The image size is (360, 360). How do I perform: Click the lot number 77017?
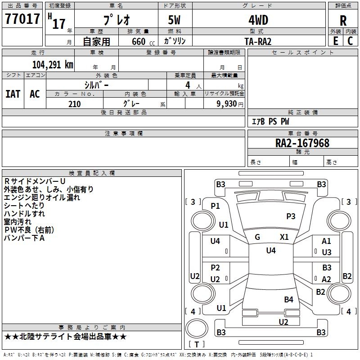coord(22,20)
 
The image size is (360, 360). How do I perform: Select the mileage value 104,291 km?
coord(53,64)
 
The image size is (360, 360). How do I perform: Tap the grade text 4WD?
coord(258,20)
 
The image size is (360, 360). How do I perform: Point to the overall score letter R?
coord(343,21)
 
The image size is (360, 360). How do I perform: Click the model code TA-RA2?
coord(258,41)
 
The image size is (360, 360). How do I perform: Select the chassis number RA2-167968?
coord(302,143)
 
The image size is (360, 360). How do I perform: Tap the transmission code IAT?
coord(13,94)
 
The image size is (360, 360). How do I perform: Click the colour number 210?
coord(74,104)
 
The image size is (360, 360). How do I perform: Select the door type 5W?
coord(175,20)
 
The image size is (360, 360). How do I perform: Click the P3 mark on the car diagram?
coord(291,216)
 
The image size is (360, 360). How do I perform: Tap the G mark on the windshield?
coord(257,237)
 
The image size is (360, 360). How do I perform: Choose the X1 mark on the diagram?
coord(284,237)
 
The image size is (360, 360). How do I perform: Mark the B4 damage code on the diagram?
coord(288,300)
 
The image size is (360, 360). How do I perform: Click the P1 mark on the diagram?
coord(215,206)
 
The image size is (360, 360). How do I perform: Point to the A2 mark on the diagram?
coord(326,279)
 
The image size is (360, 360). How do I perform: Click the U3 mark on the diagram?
coord(327,252)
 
